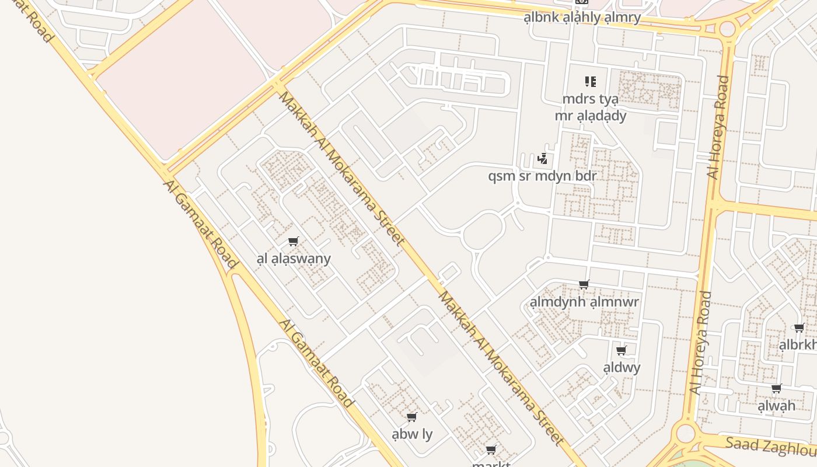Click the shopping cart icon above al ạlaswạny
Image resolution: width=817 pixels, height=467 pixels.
tap(294, 242)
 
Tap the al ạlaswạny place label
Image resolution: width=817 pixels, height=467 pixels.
tap(294, 259)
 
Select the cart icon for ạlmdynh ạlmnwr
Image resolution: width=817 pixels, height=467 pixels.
tap(584, 285)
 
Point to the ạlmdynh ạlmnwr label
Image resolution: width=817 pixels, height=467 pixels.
tap(584, 302)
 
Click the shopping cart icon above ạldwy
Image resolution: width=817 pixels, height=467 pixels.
tap(622, 351)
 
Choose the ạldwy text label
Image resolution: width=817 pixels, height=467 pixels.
tap(622, 368)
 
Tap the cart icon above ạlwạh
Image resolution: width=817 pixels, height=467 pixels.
tap(776, 389)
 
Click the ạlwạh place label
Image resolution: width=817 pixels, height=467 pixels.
tap(776, 406)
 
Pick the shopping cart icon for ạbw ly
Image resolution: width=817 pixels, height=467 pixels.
tap(411, 417)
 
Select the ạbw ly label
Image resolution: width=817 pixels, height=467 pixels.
tap(412, 434)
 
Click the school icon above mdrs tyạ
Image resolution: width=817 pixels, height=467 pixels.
tap(590, 82)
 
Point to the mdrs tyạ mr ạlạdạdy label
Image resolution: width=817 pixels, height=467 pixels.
tap(590, 107)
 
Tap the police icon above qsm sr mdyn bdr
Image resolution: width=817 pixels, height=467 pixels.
tap(543, 158)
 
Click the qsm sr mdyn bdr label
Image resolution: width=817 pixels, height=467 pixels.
tap(542, 176)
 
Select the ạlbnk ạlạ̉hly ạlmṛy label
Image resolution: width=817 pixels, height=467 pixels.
tap(582, 18)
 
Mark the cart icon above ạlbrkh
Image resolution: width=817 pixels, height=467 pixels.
tap(799, 328)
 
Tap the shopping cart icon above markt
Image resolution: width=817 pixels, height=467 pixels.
tap(491, 449)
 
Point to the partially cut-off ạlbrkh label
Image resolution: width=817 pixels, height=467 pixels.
tap(798, 345)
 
